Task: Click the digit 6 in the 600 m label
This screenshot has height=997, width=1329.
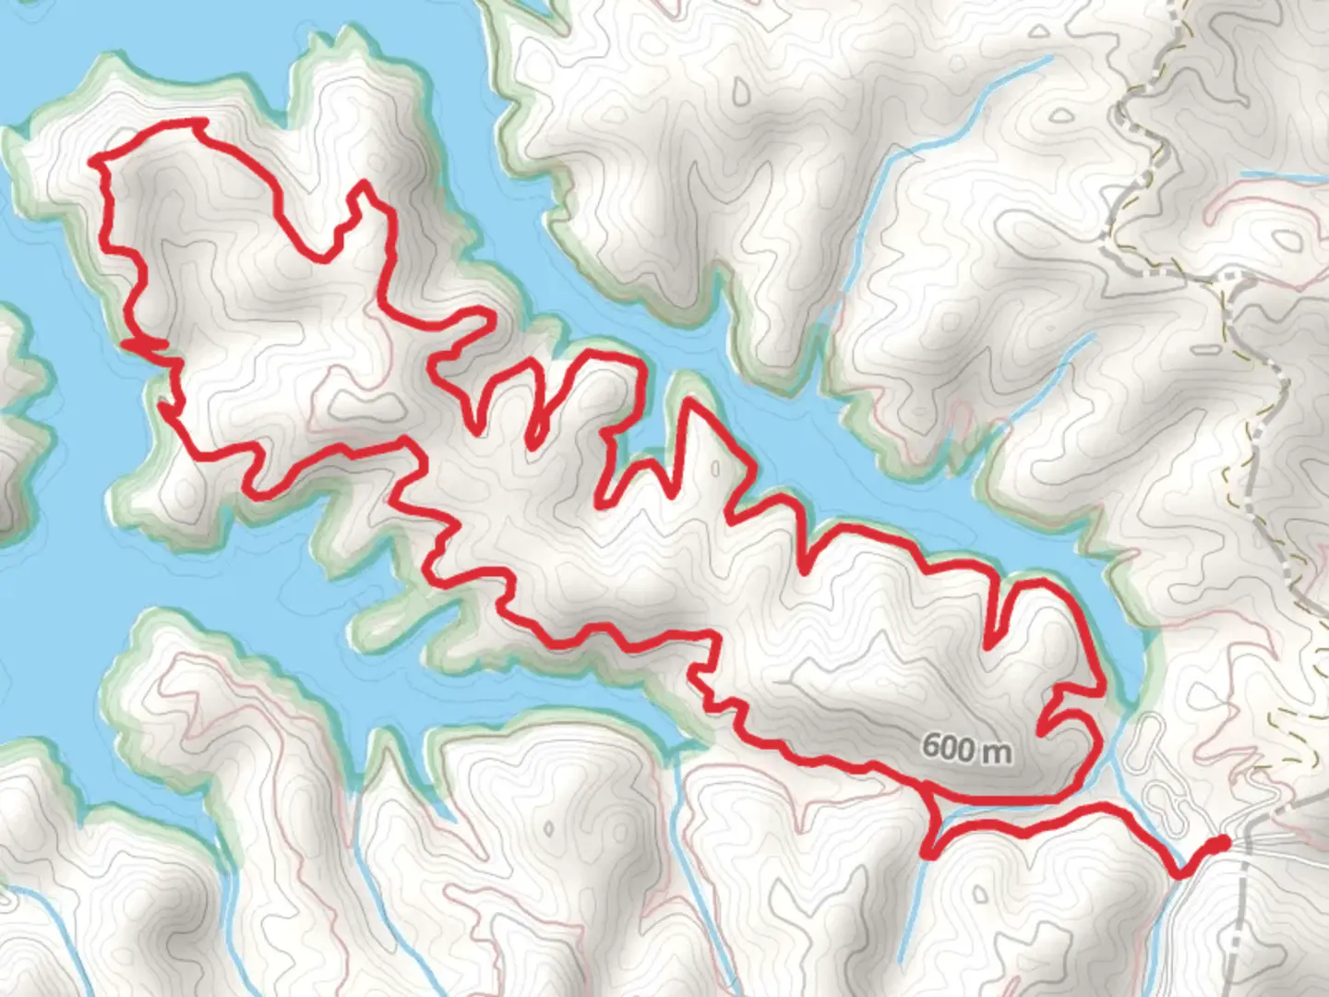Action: coord(930,747)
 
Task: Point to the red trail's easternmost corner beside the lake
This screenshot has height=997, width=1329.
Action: coord(1102,688)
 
